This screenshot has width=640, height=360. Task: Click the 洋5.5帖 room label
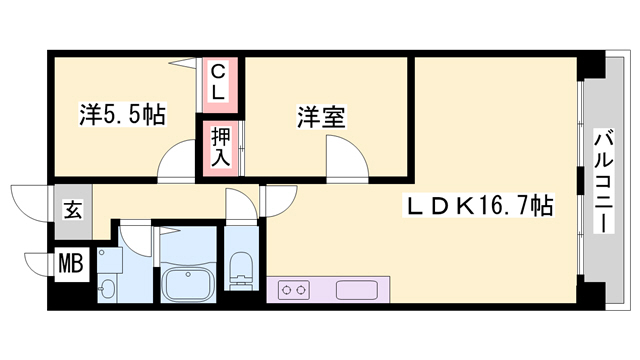(x=122, y=115)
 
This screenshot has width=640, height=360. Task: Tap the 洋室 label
(x=320, y=117)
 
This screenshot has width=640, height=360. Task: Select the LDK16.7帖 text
(x=479, y=208)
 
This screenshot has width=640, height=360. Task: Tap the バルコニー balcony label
(x=604, y=180)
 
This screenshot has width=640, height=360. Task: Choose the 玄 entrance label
(x=73, y=210)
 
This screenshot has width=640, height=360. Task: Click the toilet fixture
(x=240, y=268)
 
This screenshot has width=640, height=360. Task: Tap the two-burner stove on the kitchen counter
(x=294, y=290)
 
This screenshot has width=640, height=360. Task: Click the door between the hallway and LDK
(x=276, y=200)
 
